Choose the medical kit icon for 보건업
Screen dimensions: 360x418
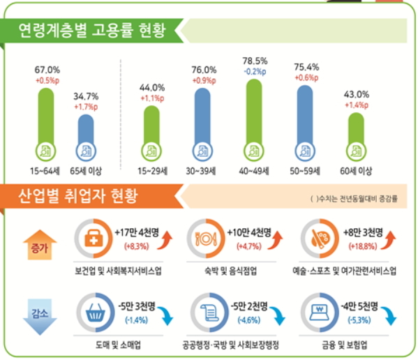[93, 239]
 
